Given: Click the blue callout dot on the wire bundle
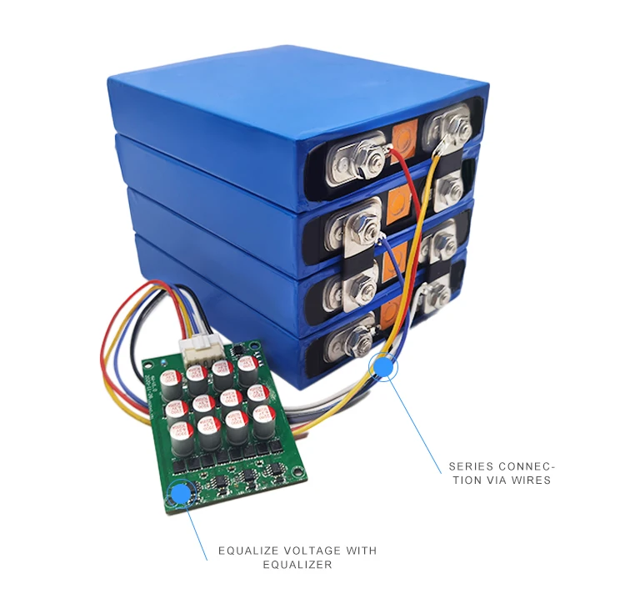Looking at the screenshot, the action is (383, 365).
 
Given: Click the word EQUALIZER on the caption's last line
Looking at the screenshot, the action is (297, 565).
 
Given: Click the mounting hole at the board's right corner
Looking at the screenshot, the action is (297, 476).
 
